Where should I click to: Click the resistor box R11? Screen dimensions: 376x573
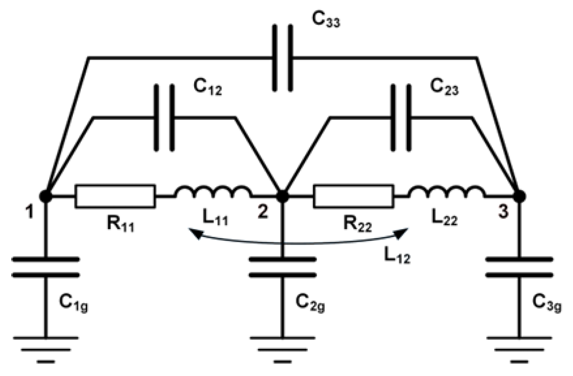[x=115, y=196]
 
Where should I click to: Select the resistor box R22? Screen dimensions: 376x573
[x=353, y=196]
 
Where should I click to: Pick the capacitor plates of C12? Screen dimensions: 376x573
[x=165, y=117]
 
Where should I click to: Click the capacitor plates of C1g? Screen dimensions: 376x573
[x=45, y=267]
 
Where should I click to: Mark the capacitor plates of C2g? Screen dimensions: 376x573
[x=282, y=267]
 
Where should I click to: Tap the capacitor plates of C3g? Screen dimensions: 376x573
[x=519, y=267]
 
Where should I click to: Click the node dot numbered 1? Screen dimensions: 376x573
[x=45, y=196]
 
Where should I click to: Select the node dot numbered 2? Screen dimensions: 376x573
[x=282, y=196]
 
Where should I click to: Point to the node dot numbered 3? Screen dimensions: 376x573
[x=519, y=196]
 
